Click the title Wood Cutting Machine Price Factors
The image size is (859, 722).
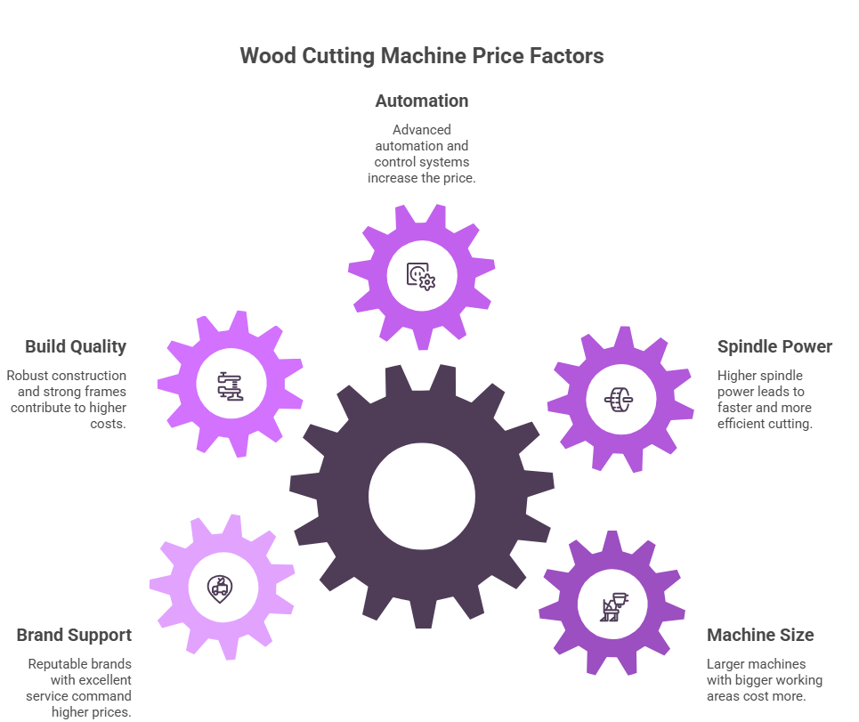(x=422, y=56)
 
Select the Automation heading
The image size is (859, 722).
(x=422, y=101)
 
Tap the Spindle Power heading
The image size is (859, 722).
(x=774, y=346)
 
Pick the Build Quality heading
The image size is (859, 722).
(x=76, y=346)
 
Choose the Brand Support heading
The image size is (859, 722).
(x=74, y=635)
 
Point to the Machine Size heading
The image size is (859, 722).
(x=760, y=635)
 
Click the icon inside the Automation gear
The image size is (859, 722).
(x=421, y=275)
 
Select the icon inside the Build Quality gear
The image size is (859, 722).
(x=231, y=385)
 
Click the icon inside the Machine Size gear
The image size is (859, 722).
(x=613, y=606)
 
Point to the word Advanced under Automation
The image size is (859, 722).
(x=422, y=129)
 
